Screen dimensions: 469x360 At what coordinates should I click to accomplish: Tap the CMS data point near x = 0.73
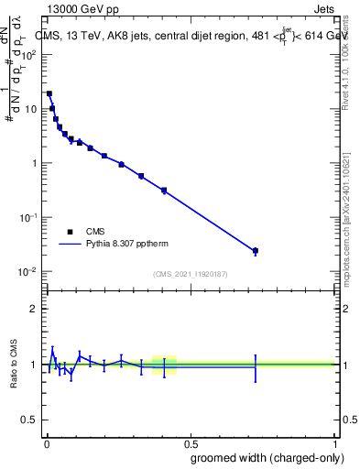coord(256,251)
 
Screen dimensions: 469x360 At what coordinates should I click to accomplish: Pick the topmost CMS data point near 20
coord(49,93)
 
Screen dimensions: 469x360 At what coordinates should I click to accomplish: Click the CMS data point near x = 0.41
coord(164,191)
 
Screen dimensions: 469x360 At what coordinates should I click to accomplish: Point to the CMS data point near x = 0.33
coord(141,176)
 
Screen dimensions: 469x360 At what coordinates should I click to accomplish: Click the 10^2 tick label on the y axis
coord(28,55)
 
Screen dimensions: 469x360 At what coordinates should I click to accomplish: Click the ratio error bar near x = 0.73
coord(256,367)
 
